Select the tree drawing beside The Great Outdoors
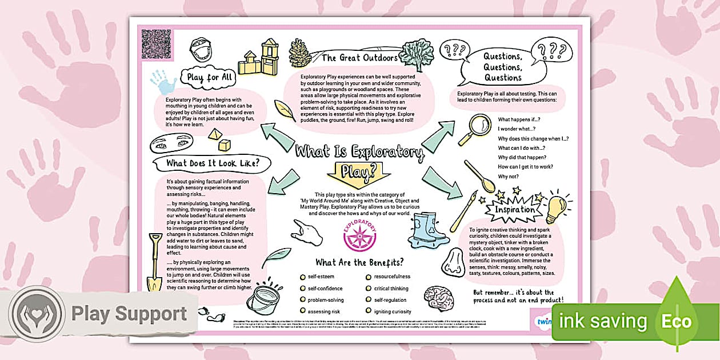click(415, 55)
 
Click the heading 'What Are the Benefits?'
click(359, 262)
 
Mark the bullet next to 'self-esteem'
click(302, 277)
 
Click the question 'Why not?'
click(507, 176)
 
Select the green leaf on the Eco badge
click(676, 313)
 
